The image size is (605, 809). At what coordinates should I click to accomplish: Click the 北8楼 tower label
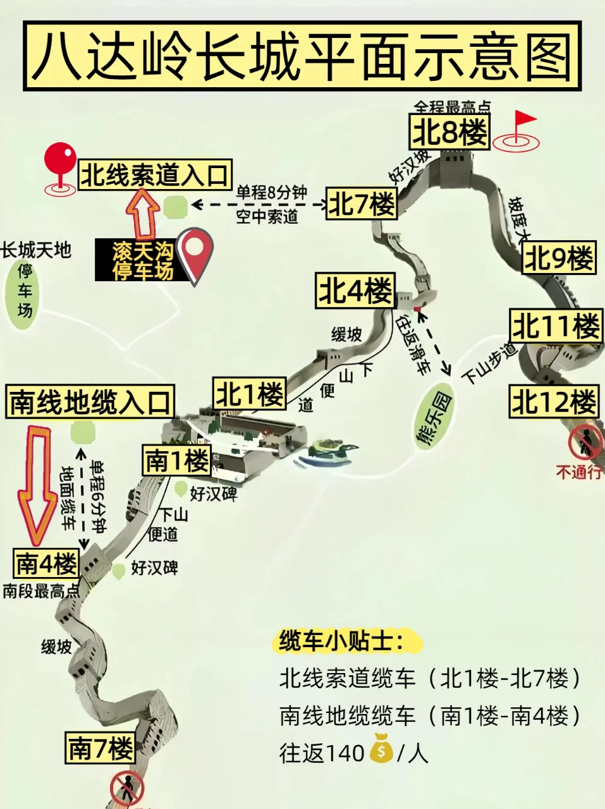[x=450, y=133]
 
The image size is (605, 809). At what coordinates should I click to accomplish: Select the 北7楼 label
[x=362, y=204]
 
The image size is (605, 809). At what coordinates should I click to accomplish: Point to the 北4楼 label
[x=356, y=291]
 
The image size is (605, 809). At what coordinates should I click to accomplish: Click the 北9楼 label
[x=559, y=258]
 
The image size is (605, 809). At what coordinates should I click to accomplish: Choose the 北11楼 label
[x=555, y=327]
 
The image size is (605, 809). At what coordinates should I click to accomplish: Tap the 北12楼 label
[x=553, y=402]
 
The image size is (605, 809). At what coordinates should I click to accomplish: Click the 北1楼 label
[x=250, y=395]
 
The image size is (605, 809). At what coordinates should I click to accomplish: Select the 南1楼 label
[x=176, y=461]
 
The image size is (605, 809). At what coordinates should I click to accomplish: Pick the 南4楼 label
[x=46, y=563]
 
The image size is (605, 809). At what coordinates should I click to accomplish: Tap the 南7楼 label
[x=100, y=749]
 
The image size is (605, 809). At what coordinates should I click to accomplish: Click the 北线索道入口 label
[x=155, y=175]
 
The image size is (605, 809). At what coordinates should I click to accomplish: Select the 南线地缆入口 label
[x=90, y=402]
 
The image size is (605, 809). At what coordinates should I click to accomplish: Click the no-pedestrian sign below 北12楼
[x=585, y=442]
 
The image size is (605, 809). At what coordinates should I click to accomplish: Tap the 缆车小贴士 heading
[x=341, y=642]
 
